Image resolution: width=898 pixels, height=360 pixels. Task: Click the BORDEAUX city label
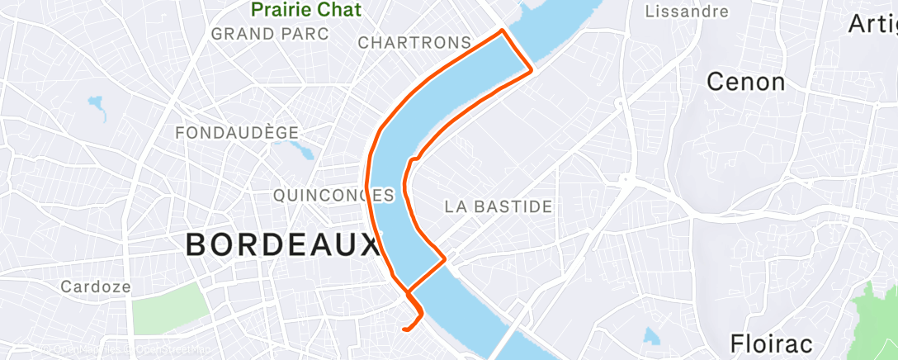281,245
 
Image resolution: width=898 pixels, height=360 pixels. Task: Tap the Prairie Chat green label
306,9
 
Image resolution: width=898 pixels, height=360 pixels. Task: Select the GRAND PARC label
270,34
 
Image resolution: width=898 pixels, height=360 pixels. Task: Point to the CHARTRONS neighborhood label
415,42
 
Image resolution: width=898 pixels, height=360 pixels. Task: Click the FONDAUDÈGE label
236,132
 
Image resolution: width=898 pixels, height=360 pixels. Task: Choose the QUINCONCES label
333,196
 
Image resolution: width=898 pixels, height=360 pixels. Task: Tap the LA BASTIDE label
498,206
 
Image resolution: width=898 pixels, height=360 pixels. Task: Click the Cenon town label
746,82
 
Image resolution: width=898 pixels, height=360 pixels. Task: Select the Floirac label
772,343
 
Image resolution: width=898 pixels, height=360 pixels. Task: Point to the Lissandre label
687,12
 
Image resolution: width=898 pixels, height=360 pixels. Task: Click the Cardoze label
95,287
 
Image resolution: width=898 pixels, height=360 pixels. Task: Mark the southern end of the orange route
404,329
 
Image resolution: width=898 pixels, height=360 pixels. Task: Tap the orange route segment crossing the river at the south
426,275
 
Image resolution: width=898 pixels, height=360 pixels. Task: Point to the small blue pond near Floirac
652,335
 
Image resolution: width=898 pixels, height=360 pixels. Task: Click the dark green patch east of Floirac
878,318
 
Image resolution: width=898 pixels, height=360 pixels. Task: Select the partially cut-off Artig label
872,24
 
